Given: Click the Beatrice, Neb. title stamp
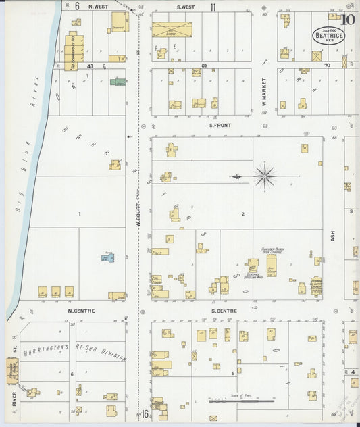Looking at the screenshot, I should [329, 34].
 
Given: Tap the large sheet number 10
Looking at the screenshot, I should [348, 19].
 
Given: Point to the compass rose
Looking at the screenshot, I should [265, 176].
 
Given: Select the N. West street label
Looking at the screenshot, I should [97, 7].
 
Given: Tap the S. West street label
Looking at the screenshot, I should [186, 7].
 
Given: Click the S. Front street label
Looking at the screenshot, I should [220, 124].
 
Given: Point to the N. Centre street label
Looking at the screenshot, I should [81, 311].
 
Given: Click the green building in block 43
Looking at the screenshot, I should [118, 82].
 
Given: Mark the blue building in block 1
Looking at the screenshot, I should [107, 257].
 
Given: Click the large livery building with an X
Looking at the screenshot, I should [172, 29].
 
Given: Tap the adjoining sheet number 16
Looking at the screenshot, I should [145, 413].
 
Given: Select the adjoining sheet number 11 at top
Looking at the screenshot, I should [213, 7].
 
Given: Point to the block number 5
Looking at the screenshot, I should [233, 372].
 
